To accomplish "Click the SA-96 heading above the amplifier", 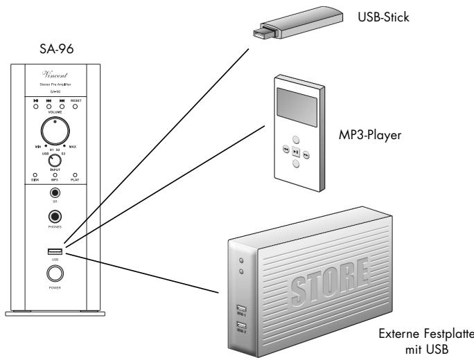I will pyautogui.click(x=55, y=50).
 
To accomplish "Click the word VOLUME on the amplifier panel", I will pyautogui.click(x=55, y=112).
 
